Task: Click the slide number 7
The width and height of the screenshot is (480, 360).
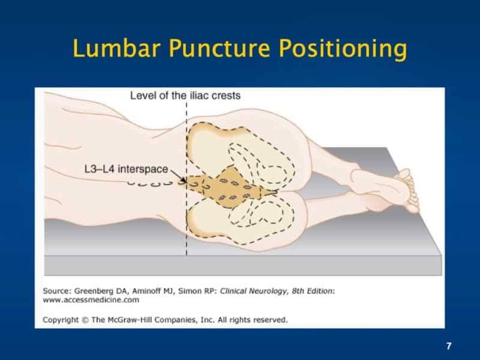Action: [449, 346]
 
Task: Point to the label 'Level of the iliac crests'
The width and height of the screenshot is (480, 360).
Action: [185, 95]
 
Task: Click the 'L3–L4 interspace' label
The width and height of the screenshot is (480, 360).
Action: [126, 169]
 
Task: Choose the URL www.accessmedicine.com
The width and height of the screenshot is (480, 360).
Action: [91, 299]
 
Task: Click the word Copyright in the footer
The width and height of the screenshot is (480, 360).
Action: [63, 319]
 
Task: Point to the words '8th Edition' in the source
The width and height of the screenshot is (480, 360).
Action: [310, 290]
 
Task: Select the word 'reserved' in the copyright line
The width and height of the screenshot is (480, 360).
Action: [271, 319]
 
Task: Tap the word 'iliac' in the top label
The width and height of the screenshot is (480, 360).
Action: [202, 95]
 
